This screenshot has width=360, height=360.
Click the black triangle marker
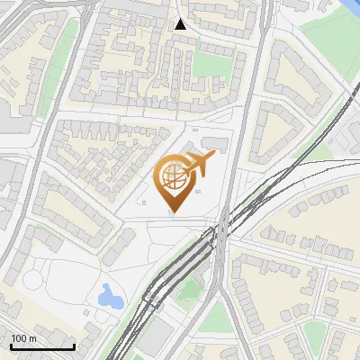[x=181, y=24]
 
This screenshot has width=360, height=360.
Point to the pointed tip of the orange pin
[x=173, y=212]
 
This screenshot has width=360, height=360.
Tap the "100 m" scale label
[x=24, y=339]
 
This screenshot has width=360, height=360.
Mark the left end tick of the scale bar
[x=11, y=346]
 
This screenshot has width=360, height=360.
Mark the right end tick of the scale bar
[x=74, y=346]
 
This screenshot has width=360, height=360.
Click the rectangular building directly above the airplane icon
[x=214, y=142]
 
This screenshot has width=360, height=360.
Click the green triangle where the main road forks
[x=213, y=317]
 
